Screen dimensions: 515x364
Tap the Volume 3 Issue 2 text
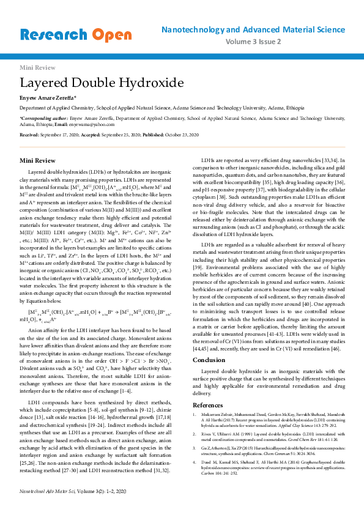tap(253, 42)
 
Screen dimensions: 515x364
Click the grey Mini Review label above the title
tap(34, 67)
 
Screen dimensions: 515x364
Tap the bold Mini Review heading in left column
tap(37, 160)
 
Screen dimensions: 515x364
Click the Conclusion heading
tap(209, 360)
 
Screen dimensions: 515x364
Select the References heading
tap(208, 405)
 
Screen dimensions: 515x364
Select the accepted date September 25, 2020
tap(121, 134)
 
